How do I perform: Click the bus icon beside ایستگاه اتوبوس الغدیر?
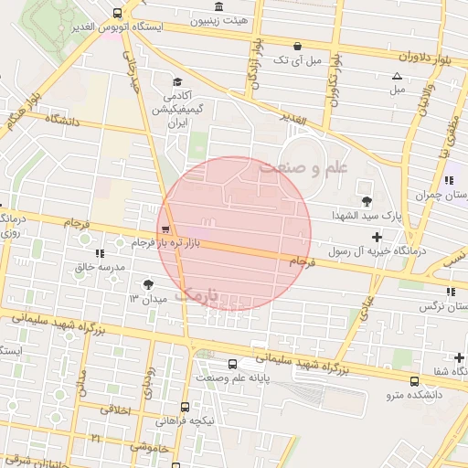(116, 14)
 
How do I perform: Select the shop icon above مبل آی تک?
(297, 46)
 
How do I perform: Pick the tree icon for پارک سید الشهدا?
(367, 200)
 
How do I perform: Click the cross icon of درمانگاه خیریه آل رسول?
(377, 238)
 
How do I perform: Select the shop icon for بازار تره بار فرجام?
(165, 229)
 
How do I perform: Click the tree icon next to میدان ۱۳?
(149, 284)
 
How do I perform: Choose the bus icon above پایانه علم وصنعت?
(231, 364)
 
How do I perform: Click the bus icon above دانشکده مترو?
(415, 381)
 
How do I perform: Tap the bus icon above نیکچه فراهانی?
(186, 407)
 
